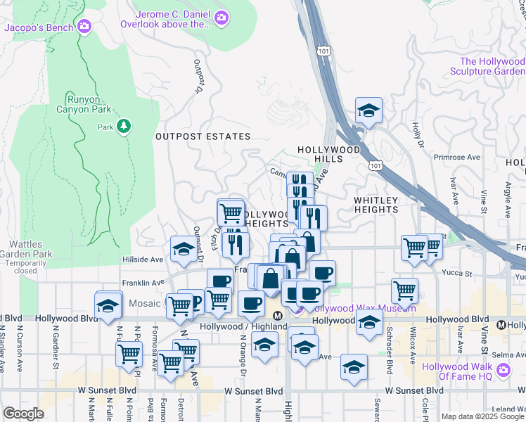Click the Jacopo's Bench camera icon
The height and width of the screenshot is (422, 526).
(85, 27)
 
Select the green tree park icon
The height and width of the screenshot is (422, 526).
(124, 126)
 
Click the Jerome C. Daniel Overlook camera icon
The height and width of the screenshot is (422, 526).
(222, 18)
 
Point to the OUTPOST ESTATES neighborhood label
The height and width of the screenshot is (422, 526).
(203, 136)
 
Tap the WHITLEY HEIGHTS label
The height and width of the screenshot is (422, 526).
(376, 205)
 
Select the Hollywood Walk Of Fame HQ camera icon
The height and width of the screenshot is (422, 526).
(503, 370)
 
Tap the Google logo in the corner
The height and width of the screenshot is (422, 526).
(23, 414)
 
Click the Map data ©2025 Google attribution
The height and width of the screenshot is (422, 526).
(482, 416)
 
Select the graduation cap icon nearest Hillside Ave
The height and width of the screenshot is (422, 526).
(184, 249)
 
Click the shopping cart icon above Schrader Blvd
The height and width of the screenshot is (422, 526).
(404, 289)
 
